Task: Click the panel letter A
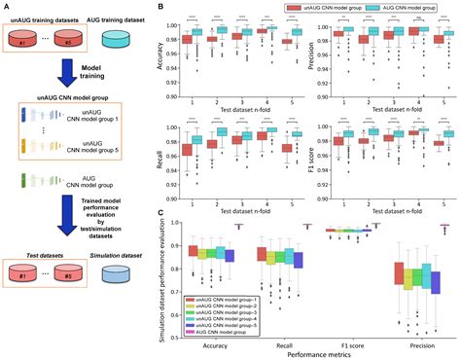pyautogui.click(x=5, y=6)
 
